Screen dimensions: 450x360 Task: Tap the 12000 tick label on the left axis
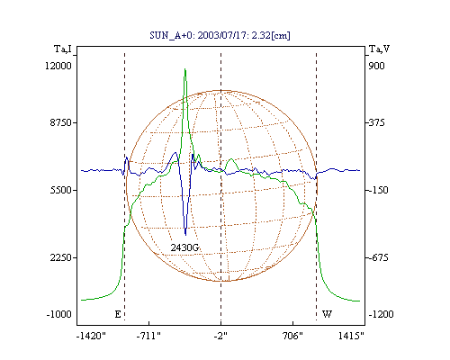58,66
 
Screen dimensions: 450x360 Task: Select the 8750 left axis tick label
61,122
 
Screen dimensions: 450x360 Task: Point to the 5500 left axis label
61,190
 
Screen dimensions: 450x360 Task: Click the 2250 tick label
61,257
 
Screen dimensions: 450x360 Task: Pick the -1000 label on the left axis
59,314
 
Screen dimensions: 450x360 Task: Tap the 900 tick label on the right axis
376,66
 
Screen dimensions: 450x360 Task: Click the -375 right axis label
375,122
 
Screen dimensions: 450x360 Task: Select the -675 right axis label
377,257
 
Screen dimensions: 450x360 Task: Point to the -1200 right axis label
381,314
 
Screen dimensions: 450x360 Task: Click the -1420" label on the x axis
91,336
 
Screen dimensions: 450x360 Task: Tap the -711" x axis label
148,336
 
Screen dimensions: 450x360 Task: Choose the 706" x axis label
292,336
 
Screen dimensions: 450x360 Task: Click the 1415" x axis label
351,336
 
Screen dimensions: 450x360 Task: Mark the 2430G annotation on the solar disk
184,247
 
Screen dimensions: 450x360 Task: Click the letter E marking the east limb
118,314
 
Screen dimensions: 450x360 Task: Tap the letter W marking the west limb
327,314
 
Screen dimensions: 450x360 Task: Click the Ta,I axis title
63,49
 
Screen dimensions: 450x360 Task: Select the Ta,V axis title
380,49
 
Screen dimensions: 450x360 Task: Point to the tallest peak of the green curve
185,69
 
